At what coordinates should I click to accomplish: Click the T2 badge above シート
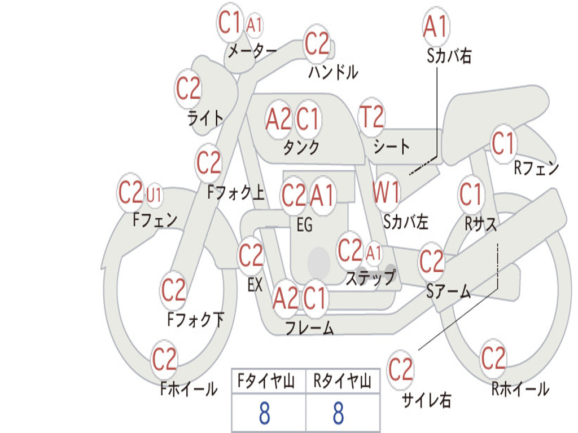coord(371,118)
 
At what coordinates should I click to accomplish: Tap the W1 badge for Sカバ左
coord(386,193)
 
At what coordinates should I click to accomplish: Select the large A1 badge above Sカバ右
coord(435,26)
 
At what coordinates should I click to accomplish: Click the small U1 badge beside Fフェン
coord(154,195)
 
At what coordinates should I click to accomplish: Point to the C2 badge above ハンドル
coord(317,43)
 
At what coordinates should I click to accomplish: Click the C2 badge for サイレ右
coord(401,370)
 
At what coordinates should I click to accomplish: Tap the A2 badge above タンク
coord(278,120)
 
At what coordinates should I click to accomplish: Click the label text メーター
coord(252,51)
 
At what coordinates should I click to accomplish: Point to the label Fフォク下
coord(195,320)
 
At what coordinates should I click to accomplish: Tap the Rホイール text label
coord(520,389)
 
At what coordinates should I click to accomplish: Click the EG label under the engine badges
coord(304,226)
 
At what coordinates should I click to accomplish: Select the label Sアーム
coord(448,291)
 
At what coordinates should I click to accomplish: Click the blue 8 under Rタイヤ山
coord(338,413)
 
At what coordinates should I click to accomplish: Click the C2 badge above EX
coord(251,257)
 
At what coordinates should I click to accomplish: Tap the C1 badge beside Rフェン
coord(503,143)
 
